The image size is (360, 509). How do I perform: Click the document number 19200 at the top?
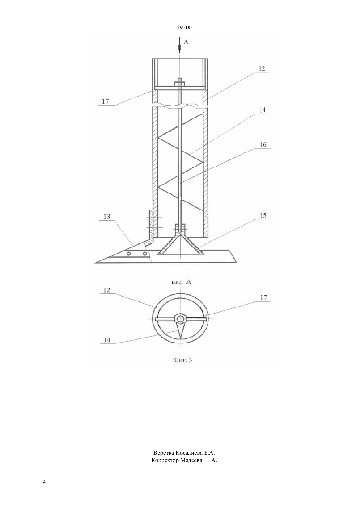click(184, 27)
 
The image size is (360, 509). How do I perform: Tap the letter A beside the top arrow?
click(186, 42)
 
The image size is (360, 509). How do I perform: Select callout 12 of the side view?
click(261, 69)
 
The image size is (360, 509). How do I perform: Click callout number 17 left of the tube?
click(105, 101)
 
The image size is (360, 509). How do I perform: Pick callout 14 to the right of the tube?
click(262, 110)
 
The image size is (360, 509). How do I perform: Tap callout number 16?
click(263, 144)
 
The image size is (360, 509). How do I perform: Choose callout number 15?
click(263, 215)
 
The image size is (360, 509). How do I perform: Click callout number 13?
click(107, 216)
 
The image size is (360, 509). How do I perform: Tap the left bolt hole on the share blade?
click(129, 254)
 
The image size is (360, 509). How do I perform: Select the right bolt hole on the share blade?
click(145, 254)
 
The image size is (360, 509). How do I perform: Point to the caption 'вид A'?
click(181, 282)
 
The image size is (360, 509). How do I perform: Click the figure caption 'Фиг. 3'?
click(183, 360)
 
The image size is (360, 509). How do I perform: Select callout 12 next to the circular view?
click(107, 290)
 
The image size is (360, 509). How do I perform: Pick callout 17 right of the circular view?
click(264, 298)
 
